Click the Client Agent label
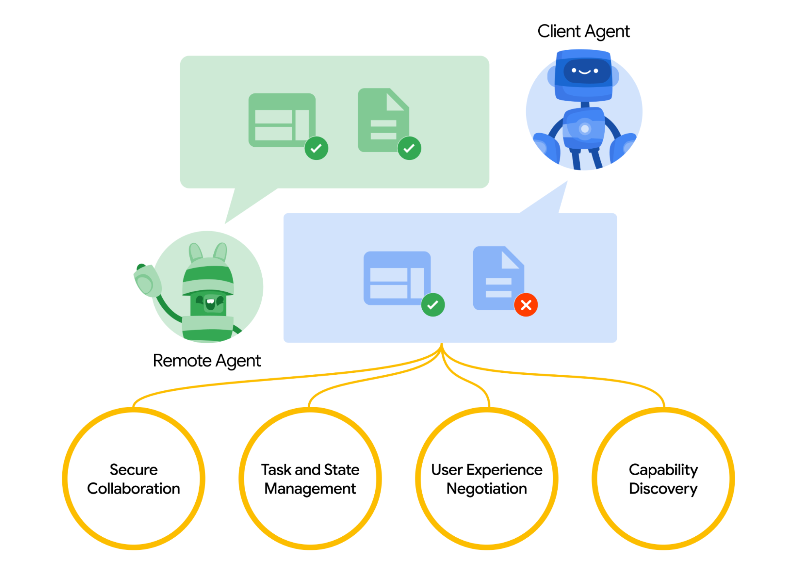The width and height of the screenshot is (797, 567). (x=583, y=31)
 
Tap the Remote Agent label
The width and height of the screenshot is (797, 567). (x=207, y=360)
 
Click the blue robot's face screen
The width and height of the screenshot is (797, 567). (x=584, y=71)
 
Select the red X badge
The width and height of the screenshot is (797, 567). (x=525, y=305)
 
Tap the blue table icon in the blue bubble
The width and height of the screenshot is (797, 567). (x=396, y=278)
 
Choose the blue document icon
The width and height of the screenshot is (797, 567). (x=498, y=278)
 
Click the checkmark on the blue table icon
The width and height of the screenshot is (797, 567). (x=433, y=305)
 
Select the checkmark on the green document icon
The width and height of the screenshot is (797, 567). (x=409, y=148)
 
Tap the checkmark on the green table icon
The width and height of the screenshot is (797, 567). (x=316, y=148)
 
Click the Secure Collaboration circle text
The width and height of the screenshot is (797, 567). (x=134, y=479)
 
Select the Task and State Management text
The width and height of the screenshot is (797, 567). (x=310, y=479)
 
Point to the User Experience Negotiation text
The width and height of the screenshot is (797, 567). (x=486, y=479)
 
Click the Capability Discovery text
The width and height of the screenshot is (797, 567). (x=663, y=479)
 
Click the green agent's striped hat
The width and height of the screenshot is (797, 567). (x=208, y=276)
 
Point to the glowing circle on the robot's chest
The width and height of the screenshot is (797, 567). (x=584, y=129)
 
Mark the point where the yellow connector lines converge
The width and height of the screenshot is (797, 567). (x=441, y=347)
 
